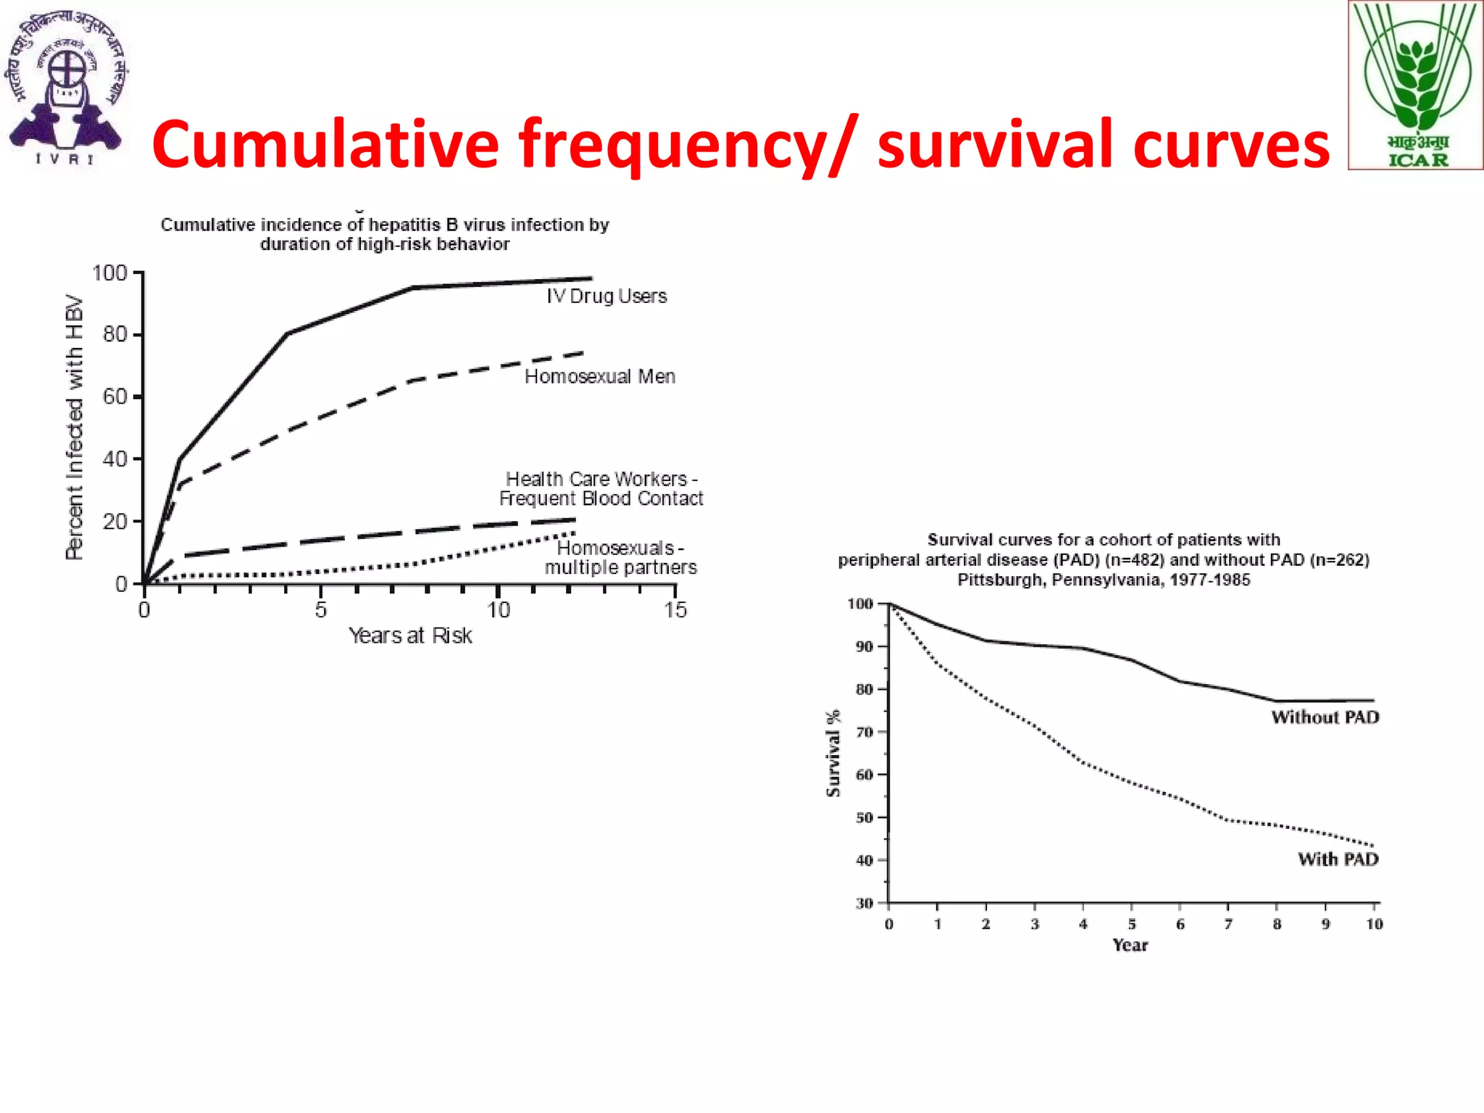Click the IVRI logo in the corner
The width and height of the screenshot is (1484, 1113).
click(67, 87)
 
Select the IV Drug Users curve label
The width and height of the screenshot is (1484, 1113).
click(606, 296)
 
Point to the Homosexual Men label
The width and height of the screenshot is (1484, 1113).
click(600, 377)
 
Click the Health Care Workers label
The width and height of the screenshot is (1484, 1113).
click(601, 489)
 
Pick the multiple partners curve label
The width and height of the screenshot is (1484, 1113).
click(620, 558)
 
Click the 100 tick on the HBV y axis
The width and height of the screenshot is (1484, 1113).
click(109, 274)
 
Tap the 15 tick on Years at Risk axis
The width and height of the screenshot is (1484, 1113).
click(675, 610)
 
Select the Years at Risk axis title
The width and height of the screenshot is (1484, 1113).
click(410, 636)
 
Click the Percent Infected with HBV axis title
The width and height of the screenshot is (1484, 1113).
click(75, 428)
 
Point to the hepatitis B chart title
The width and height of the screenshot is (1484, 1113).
click(385, 234)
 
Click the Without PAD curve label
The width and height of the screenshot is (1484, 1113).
click(1325, 717)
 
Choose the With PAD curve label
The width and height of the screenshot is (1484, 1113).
click(1338, 859)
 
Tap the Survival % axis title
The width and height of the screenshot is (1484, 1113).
click(833, 754)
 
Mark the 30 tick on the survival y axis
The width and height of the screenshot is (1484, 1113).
click(864, 904)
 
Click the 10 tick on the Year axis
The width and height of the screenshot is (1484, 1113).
click(1374, 925)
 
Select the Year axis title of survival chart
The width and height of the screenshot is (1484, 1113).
click(1130, 946)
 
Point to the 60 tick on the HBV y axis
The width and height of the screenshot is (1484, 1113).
click(114, 397)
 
